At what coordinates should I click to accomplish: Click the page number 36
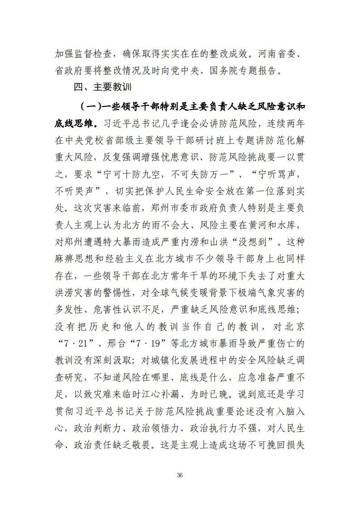tap(180, 475)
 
